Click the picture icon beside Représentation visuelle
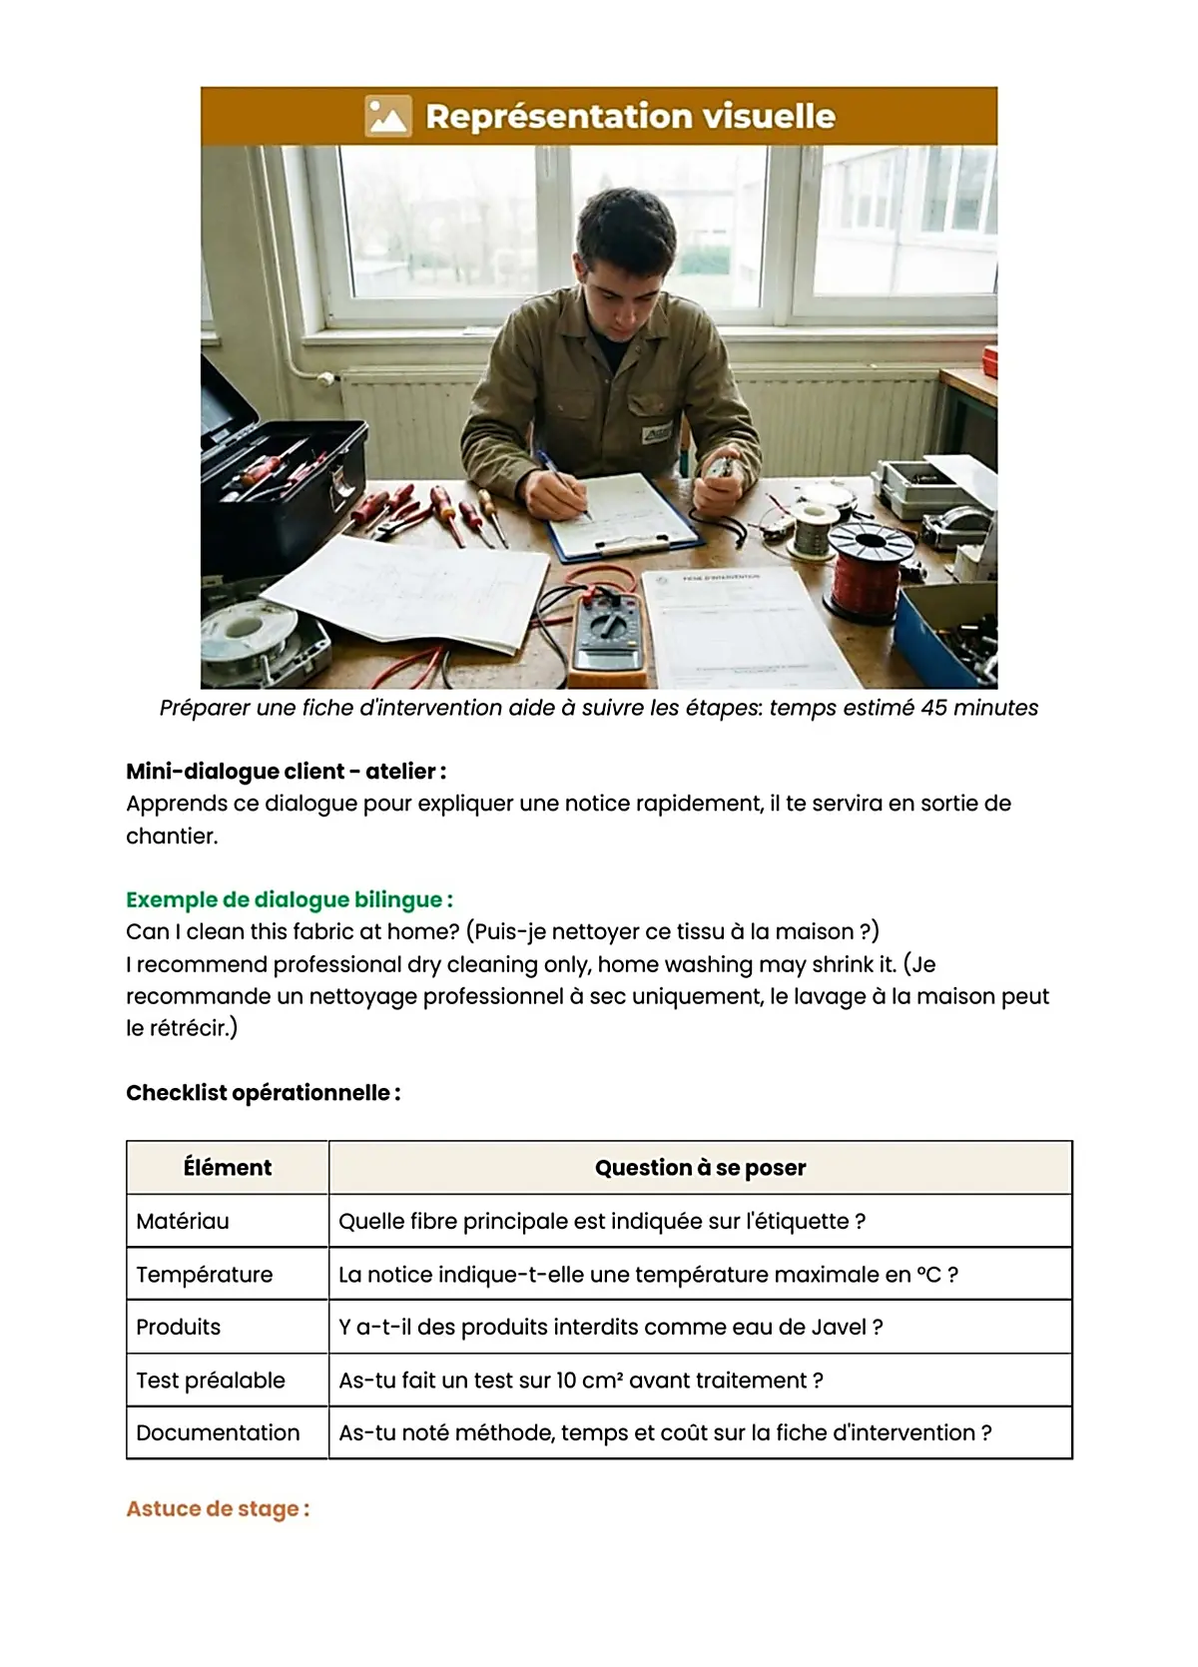point(387,116)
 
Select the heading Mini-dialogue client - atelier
point(286,772)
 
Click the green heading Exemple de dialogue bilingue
point(289,899)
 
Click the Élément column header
point(228,1168)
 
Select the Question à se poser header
point(700,1168)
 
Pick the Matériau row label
point(183,1222)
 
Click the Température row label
point(205,1275)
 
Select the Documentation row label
point(218,1433)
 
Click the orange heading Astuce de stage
point(218,1509)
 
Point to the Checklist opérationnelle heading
point(263,1093)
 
